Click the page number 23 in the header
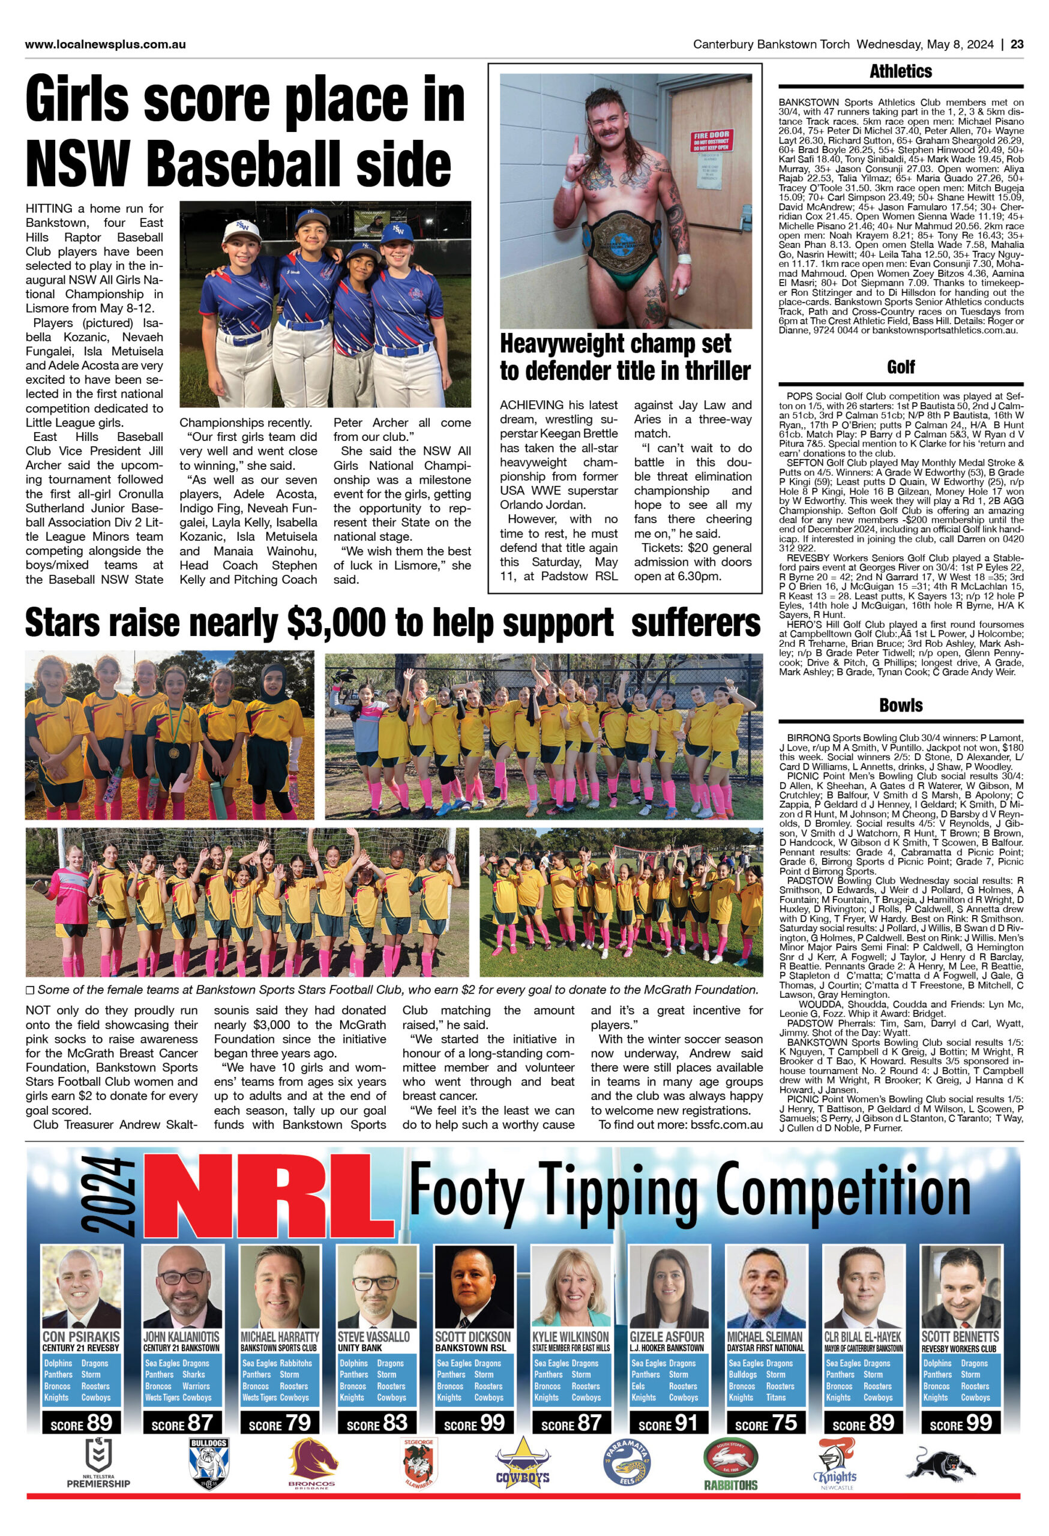click(x=1017, y=44)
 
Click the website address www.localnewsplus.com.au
click(x=105, y=44)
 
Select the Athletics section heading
click(x=900, y=71)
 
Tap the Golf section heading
click(x=900, y=367)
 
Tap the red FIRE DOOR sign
click(x=711, y=142)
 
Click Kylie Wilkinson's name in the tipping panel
click(x=571, y=1336)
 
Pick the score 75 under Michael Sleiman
click(x=765, y=1423)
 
